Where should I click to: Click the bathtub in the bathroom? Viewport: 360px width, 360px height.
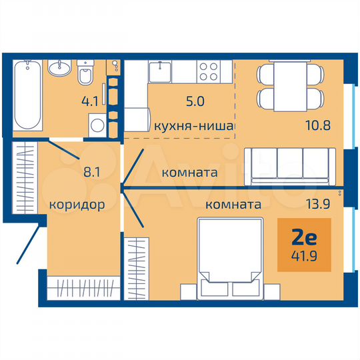coord(28,94)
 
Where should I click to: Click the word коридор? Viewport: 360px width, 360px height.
coord(76,205)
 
